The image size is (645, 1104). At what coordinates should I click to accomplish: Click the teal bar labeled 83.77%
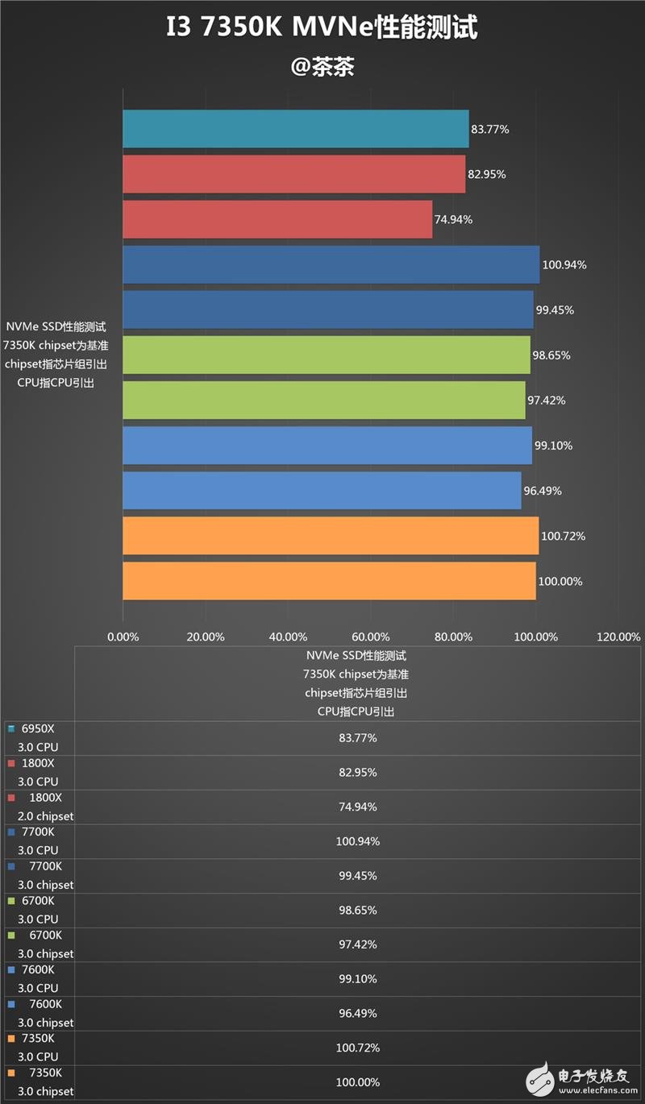pos(295,129)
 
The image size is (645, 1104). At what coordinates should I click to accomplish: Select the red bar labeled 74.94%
pos(277,219)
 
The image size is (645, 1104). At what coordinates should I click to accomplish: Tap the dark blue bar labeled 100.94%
pos(331,265)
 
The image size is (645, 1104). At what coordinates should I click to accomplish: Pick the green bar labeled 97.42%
pos(323,401)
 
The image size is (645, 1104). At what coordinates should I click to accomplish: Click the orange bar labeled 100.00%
pos(329,581)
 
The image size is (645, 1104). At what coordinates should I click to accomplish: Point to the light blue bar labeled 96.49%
pos(322,491)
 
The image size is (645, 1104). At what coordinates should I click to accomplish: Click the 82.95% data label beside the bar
pos(487,174)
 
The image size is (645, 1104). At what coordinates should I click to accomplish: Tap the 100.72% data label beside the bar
pos(562,536)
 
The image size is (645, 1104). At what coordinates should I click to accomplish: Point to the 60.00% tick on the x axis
pos(371,637)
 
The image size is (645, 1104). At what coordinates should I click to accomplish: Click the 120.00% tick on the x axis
pos(618,637)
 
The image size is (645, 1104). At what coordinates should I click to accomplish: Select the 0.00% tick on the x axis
pos(123,637)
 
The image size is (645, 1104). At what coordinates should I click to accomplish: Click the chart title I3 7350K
pos(322,28)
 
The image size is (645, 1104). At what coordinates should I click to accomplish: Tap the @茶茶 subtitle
pos(322,67)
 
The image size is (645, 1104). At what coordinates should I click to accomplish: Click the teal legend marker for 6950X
pos(10,728)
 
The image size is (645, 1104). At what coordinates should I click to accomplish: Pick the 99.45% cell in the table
pos(357,876)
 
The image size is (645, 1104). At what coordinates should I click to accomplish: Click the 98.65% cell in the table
pos(357,911)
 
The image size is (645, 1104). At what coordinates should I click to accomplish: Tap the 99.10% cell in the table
pos(357,979)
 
